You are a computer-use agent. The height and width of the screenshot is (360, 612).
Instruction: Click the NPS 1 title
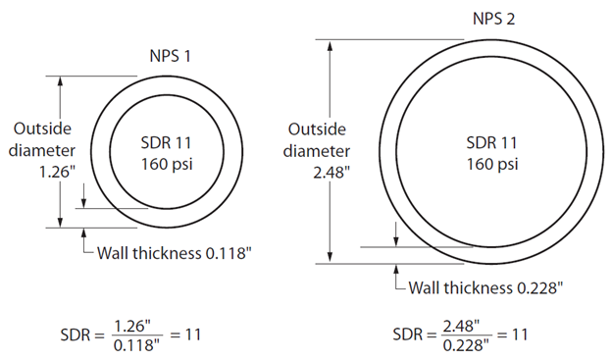coord(171,56)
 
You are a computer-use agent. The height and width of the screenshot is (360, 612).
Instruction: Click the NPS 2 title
coord(493,19)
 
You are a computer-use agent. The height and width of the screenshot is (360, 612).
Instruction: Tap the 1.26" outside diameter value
coord(57,172)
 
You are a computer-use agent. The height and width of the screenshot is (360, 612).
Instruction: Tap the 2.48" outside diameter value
coord(331,172)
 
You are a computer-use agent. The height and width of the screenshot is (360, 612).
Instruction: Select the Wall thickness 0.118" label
coord(174,253)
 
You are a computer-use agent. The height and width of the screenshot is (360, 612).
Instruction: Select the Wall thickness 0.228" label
coord(485,287)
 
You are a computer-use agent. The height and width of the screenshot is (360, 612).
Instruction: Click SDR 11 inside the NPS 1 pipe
coord(167,142)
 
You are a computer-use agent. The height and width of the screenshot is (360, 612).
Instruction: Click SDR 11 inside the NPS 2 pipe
coord(491,142)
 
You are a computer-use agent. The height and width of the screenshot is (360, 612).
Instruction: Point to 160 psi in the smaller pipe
coord(167,164)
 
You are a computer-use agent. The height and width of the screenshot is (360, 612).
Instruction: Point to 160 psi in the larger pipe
coord(492,164)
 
